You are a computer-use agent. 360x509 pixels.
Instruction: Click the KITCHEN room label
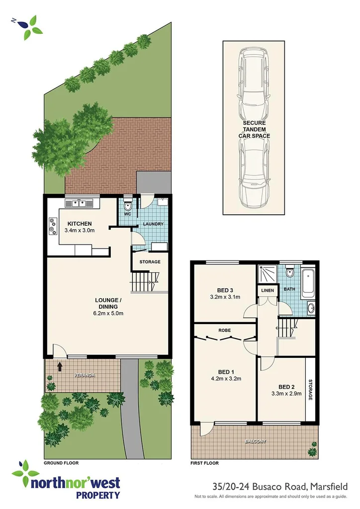80,223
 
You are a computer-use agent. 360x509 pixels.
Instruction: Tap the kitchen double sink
79,202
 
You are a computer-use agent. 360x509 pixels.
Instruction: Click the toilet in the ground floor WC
128,206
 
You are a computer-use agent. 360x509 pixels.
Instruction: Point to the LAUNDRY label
153,224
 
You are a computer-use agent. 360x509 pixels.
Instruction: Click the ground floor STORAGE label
150,261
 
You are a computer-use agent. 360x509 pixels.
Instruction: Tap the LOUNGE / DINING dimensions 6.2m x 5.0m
108,313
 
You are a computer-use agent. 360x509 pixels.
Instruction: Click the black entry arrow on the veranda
60,367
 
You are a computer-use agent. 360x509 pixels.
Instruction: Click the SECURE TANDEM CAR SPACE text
254,129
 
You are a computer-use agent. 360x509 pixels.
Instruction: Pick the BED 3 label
225,290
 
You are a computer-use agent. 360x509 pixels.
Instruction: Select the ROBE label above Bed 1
224,330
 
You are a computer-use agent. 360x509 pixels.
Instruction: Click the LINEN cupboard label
267,290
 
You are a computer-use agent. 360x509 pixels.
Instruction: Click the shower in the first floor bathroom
267,274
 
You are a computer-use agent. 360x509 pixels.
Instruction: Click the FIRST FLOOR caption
205,463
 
